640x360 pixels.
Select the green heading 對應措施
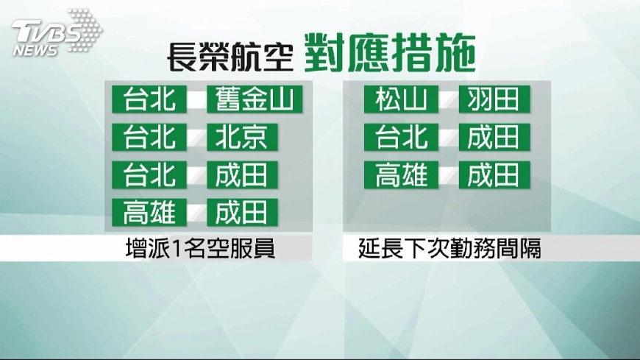click(390, 54)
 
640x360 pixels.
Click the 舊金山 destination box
click(255, 99)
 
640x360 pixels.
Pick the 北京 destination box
click(243, 137)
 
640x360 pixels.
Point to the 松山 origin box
click(401, 99)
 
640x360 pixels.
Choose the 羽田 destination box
click(494, 99)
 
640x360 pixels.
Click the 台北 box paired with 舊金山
click(149, 99)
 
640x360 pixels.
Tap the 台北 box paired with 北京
click(149, 137)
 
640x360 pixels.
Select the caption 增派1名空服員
click(200, 248)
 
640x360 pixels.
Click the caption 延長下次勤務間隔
click(449, 248)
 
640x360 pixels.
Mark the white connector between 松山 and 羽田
click(449, 99)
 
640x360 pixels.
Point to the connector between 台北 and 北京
click(196, 138)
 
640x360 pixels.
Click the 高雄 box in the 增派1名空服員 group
click(149, 213)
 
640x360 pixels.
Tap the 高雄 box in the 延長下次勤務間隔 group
click(401, 175)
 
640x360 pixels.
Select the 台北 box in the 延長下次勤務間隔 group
click(401, 137)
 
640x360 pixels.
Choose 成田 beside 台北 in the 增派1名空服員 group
click(243, 175)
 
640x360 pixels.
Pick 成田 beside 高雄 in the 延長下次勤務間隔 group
click(494, 175)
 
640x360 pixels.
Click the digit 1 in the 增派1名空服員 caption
click(177, 249)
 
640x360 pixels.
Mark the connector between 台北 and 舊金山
click(196, 99)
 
